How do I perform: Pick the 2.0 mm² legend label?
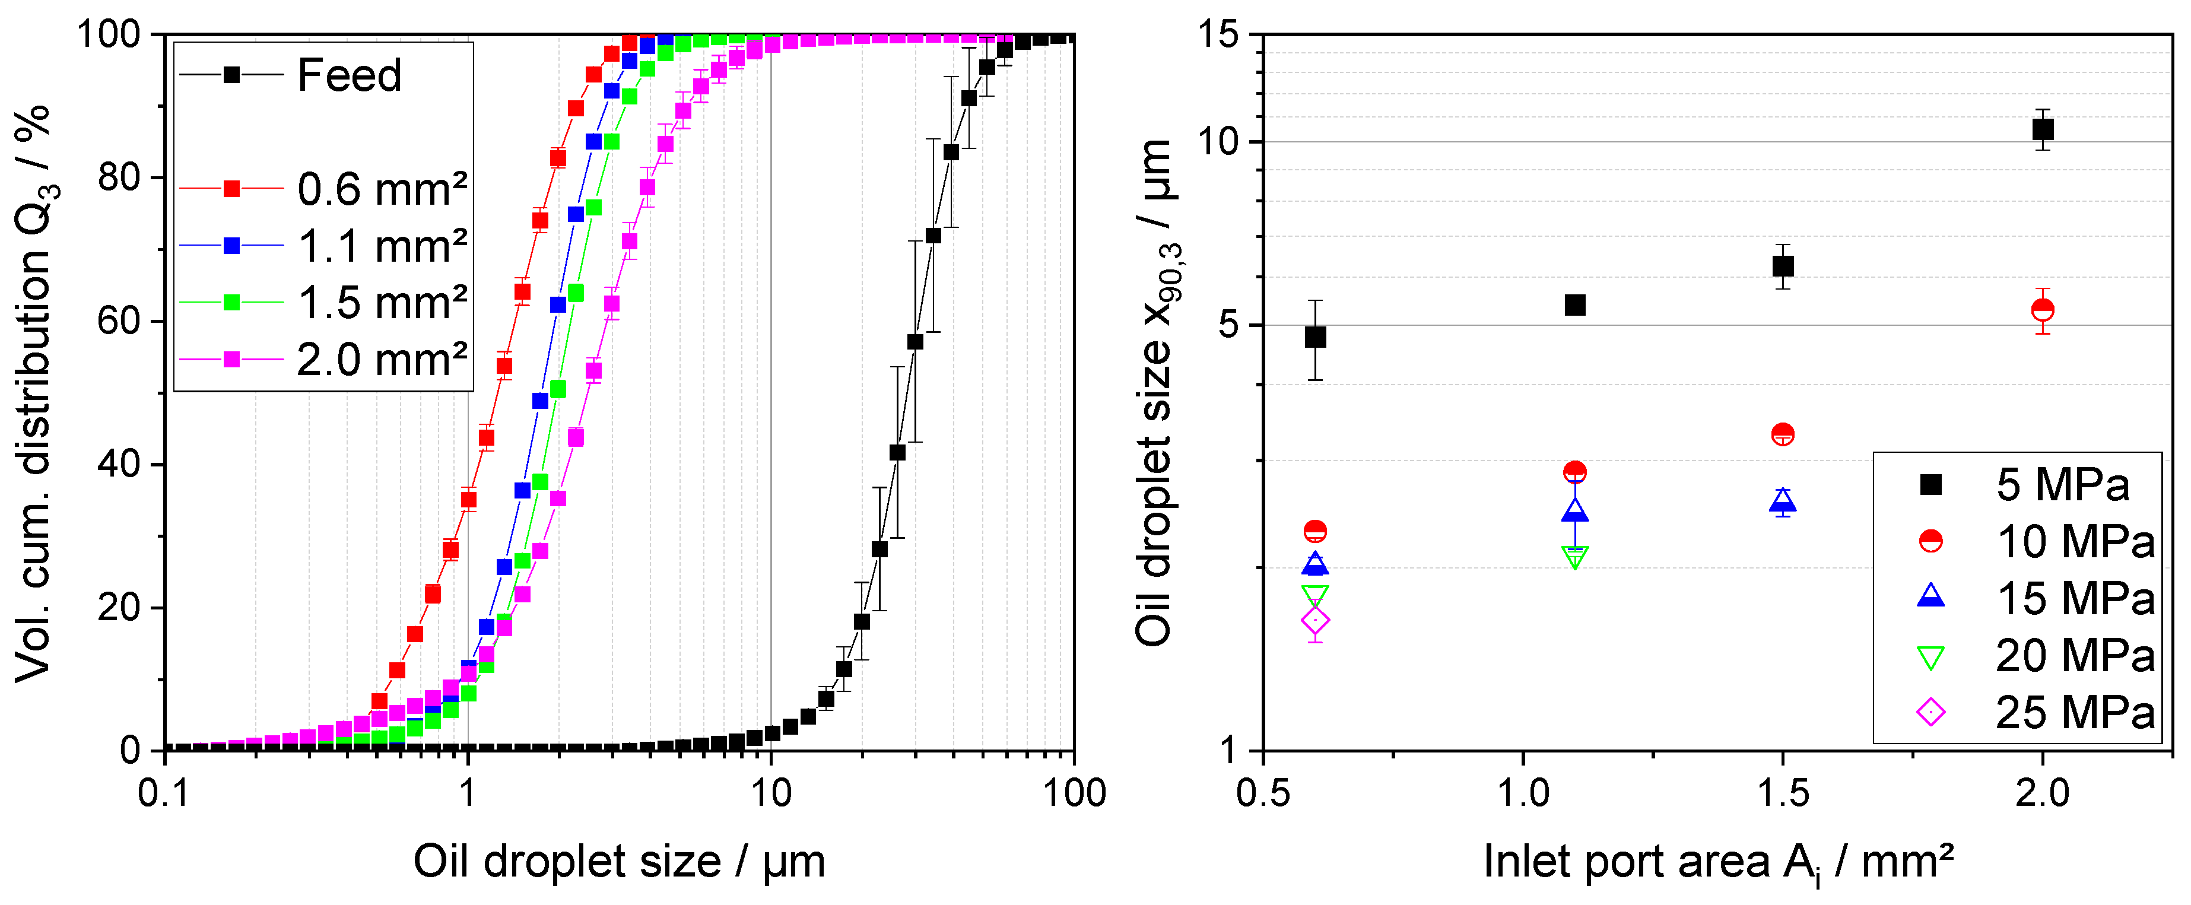point(381,360)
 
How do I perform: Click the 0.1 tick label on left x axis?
point(163,793)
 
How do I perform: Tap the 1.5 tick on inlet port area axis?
point(1782,793)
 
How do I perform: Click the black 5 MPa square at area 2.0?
point(2042,129)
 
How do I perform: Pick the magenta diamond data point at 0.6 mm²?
point(1315,620)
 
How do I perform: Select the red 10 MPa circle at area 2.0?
point(2042,310)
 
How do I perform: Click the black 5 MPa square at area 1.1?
point(1574,304)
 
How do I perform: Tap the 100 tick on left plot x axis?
point(1074,793)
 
